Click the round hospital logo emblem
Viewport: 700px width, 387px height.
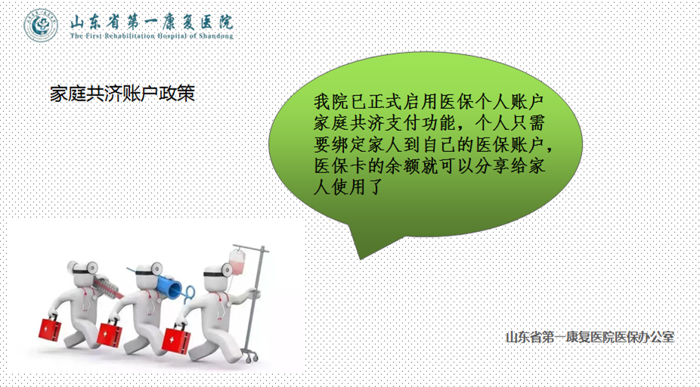click(41, 26)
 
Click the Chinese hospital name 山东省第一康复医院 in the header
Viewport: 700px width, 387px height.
click(152, 21)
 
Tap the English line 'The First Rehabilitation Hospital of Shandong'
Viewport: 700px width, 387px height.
click(152, 36)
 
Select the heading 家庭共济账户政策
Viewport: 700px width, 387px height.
click(122, 93)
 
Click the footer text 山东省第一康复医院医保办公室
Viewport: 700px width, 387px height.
click(590, 337)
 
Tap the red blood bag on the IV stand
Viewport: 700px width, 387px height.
click(237, 262)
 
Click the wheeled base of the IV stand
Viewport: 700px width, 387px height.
click(250, 356)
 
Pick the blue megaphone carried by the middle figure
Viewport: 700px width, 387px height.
click(172, 286)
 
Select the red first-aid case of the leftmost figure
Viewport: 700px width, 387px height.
click(49, 329)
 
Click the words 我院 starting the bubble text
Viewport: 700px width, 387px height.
click(332, 101)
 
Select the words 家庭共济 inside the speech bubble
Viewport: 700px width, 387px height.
click(349, 122)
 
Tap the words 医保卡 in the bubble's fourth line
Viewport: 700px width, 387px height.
click(341, 166)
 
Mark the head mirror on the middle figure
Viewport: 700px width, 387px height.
click(156, 268)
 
